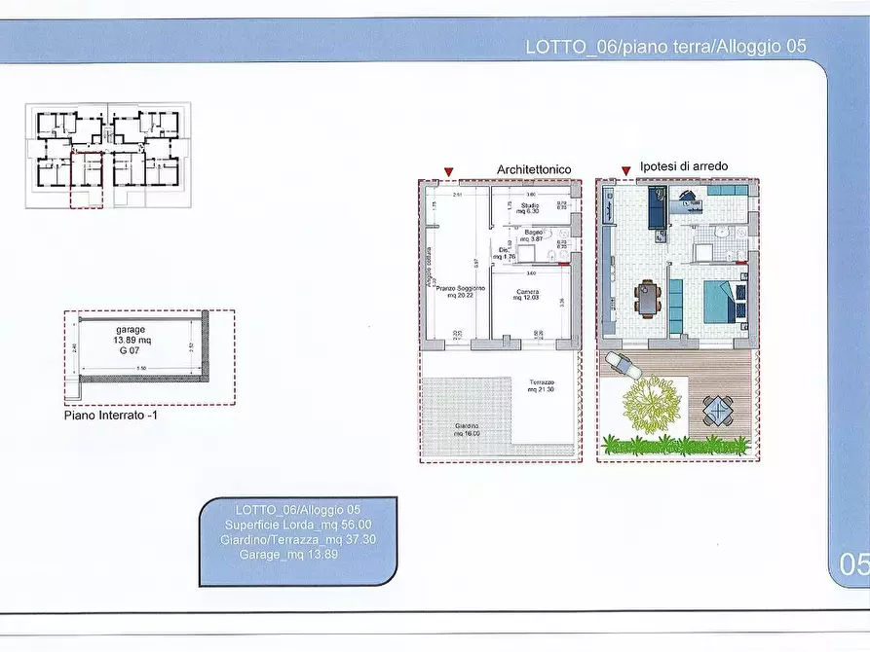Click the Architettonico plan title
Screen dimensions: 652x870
coord(533,169)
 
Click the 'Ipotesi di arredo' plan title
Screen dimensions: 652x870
coord(684,166)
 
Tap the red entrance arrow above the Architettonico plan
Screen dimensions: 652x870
coord(448,173)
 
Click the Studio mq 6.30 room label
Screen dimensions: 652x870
coord(529,208)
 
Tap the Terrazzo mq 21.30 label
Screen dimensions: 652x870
coord(542,385)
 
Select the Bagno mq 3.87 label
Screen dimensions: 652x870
coord(532,235)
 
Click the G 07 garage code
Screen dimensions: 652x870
coord(130,350)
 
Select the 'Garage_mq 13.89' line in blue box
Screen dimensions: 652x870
coord(289,554)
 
